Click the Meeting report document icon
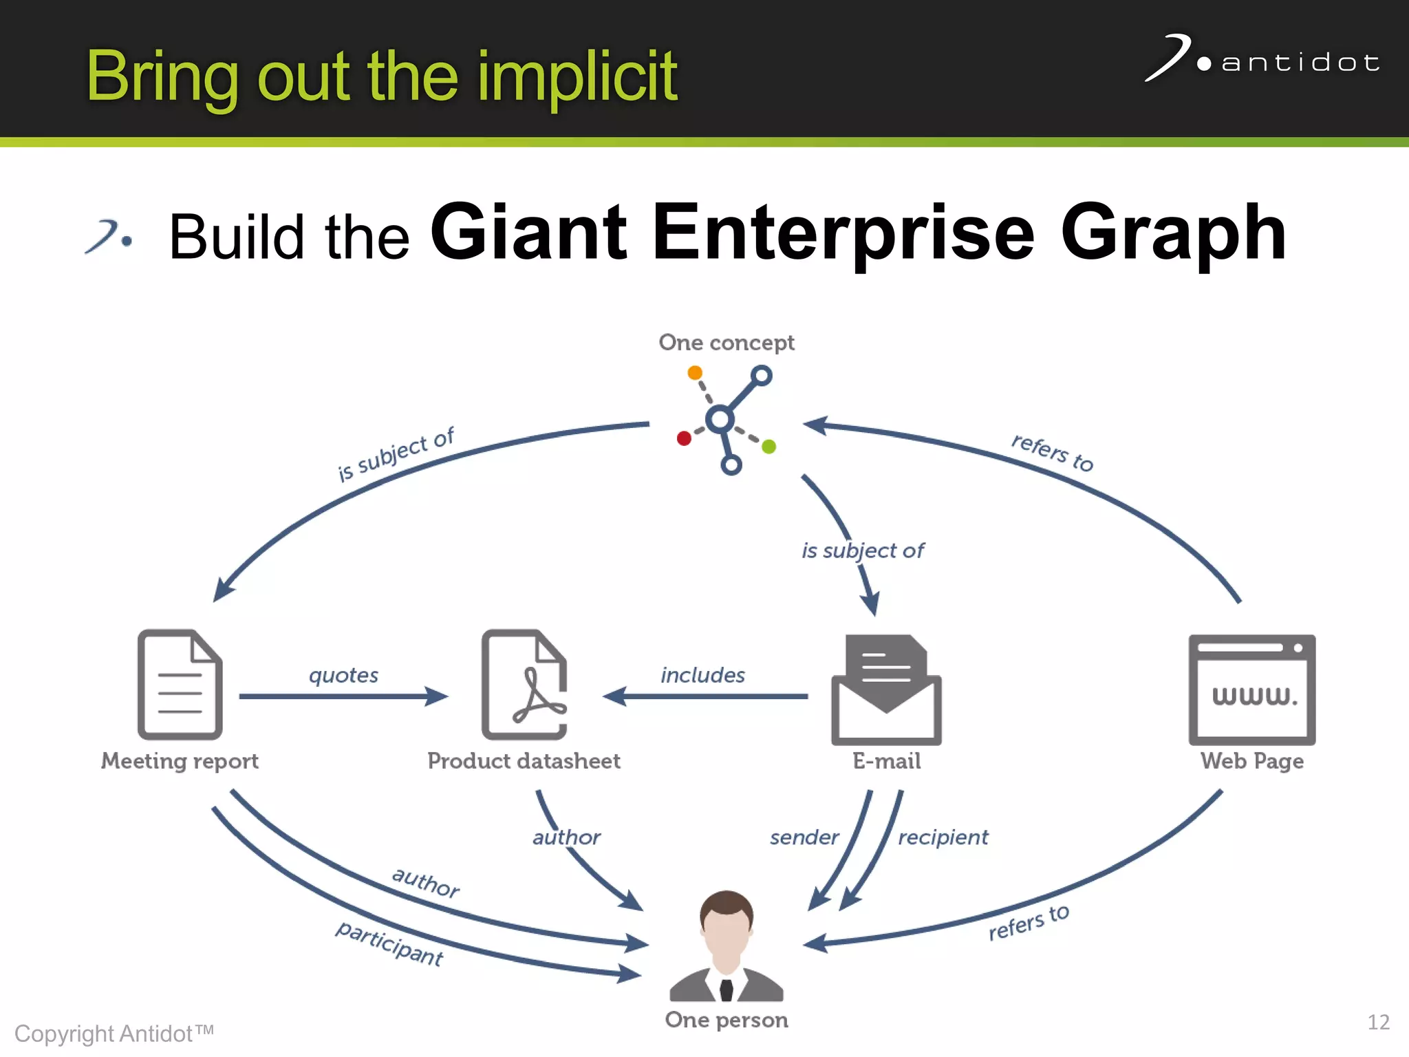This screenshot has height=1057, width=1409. [x=180, y=684]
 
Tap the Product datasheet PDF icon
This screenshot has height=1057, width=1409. [x=524, y=684]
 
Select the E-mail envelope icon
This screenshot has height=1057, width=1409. [x=886, y=690]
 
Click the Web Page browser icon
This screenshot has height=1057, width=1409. [x=1251, y=690]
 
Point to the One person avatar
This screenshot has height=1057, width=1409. [x=727, y=946]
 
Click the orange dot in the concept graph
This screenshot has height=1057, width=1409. [x=695, y=373]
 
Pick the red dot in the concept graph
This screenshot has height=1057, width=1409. [x=684, y=438]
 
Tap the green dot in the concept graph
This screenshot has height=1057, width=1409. [x=769, y=447]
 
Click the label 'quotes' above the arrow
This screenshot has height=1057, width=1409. [x=343, y=675]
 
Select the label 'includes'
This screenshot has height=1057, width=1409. [x=702, y=675]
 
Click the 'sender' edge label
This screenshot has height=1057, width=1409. [x=804, y=837]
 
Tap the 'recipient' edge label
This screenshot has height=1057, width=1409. [x=943, y=837]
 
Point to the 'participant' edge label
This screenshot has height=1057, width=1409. [x=389, y=943]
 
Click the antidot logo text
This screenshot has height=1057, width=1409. [x=1300, y=63]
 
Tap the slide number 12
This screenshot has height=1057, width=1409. [x=1378, y=1022]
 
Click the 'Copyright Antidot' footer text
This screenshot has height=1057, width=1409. [x=114, y=1034]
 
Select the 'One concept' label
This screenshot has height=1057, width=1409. [x=727, y=342]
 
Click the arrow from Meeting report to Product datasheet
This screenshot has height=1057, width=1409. [x=343, y=696]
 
